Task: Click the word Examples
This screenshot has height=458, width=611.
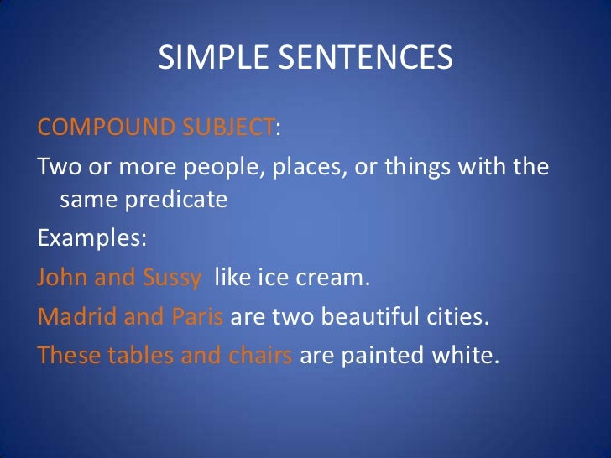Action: pos(91,237)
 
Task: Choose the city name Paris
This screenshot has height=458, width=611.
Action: pos(199,316)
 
